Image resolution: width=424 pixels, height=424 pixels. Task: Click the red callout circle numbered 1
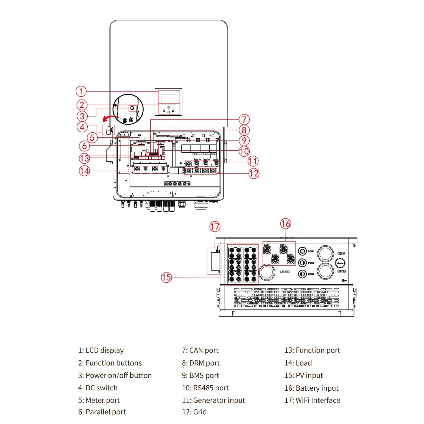81,91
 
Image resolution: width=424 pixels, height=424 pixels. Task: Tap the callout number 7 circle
244,120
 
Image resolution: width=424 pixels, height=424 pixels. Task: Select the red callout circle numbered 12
254,173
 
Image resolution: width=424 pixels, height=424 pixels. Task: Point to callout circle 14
84,171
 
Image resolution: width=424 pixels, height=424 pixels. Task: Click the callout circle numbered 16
285,224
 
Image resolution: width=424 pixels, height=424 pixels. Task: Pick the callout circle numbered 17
215,227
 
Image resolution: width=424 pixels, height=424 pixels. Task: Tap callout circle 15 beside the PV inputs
166,277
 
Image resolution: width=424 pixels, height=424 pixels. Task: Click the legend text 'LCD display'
104,351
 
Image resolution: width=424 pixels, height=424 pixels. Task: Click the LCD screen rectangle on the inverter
168,99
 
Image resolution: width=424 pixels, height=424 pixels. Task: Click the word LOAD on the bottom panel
284,272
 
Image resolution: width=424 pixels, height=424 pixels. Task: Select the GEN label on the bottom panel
341,254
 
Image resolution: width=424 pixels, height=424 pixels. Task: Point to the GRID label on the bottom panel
342,271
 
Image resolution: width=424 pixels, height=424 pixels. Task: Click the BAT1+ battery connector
267,250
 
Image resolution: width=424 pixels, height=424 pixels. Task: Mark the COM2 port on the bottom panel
302,263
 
